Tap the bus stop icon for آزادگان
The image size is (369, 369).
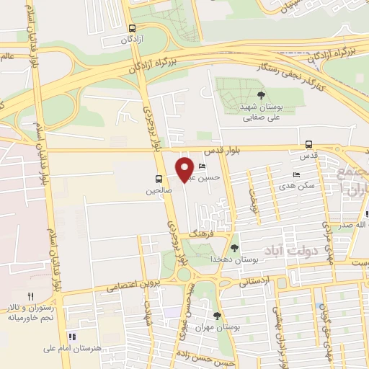pyautogui.click(x=131, y=28)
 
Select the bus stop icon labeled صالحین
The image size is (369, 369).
pyautogui.click(x=158, y=179)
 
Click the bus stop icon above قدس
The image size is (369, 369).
pyautogui.click(x=308, y=143)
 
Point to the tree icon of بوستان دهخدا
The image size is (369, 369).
pyautogui.click(x=234, y=248)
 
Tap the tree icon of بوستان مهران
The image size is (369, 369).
pyautogui.click(x=218, y=315)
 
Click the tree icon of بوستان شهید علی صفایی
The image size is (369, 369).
pyautogui.click(x=260, y=95)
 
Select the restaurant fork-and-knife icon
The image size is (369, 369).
pyautogui.click(x=30, y=296)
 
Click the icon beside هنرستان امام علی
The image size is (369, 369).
pyautogui.click(x=71, y=336)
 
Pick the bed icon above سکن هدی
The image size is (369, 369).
pyautogui.click(x=296, y=175)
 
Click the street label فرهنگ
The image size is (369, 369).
pyautogui.click(x=199, y=235)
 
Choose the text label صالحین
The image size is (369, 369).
pyautogui.click(x=158, y=192)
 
